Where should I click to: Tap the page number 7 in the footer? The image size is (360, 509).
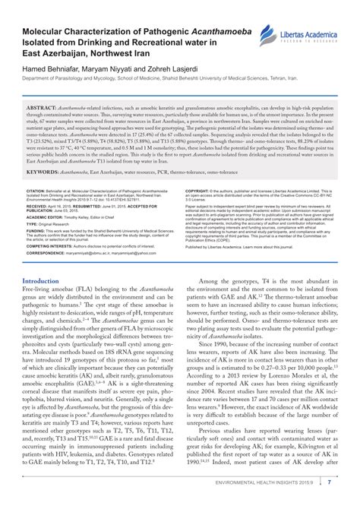349,501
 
